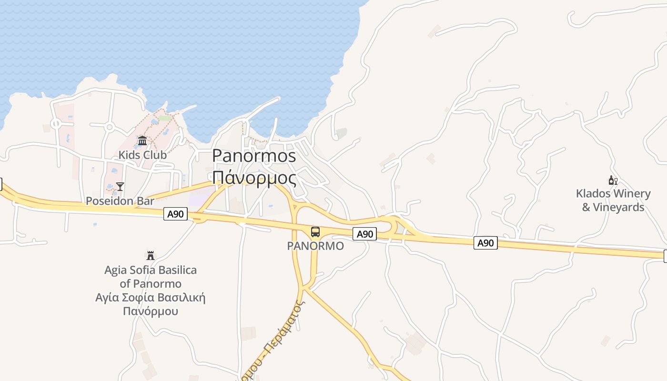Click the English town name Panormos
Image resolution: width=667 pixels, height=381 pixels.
tap(254, 156)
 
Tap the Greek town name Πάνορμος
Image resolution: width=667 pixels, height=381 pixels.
tap(254, 178)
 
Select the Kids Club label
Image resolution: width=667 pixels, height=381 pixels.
tap(142, 155)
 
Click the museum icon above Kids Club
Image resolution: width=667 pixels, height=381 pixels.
tap(142, 141)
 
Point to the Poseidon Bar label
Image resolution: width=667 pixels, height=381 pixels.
tap(120, 201)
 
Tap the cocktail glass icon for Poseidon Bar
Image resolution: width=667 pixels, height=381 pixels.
tap(120, 186)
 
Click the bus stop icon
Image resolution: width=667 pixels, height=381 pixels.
tap(315, 232)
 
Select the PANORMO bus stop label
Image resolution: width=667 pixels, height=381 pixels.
tap(315, 246)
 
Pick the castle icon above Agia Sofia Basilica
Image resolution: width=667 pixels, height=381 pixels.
tap(151, 256)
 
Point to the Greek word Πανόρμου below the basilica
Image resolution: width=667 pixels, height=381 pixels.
tap(151, 311)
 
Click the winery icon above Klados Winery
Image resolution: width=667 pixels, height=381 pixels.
tap(613, 180)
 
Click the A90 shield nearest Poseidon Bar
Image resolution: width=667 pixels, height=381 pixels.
tap(176, 214)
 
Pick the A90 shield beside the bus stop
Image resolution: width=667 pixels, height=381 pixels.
tap(365, 234)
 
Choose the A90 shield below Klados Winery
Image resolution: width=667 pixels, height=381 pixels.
tap(485, 243)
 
